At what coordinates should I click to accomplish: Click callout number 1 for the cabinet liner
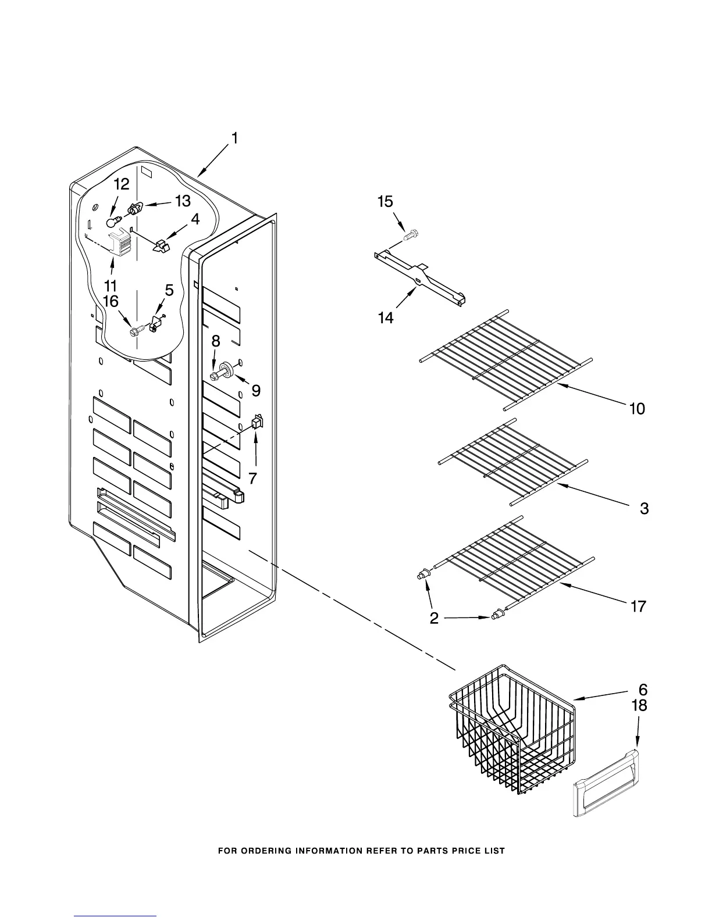[234, 138]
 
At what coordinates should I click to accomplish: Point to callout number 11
[111, 285]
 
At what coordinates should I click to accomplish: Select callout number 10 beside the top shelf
[637, 409]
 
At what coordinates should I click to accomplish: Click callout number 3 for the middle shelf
[644, 508]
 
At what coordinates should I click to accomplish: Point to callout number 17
[638, 606]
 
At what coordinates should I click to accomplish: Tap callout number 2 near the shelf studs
[434, 618]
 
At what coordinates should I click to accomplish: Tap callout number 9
[256, 391]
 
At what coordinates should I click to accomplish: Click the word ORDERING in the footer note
[266, 851]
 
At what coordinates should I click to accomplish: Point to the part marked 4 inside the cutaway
[161, 245]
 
